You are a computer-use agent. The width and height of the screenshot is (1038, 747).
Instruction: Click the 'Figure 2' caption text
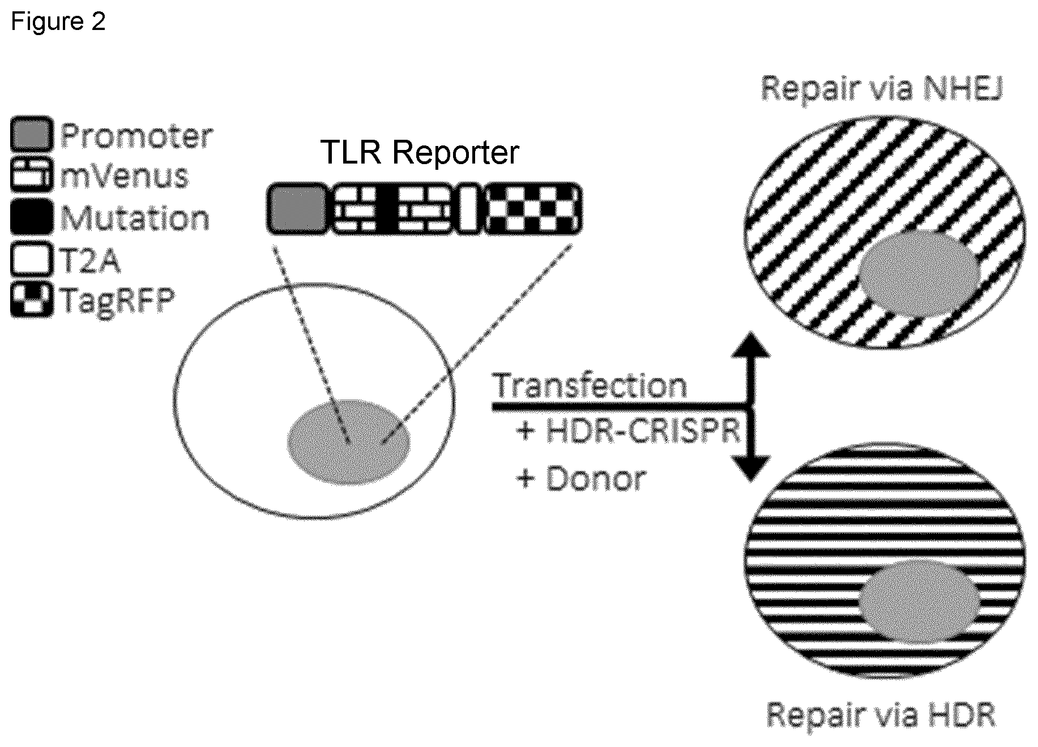coord(58,22)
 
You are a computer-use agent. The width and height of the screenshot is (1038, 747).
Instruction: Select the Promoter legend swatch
coord(32,134)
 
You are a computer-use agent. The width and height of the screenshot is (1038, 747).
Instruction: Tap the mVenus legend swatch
coord(32,175)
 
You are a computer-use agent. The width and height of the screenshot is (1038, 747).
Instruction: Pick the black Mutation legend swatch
coord(32,216)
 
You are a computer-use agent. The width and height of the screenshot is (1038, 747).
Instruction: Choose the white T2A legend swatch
coord(32,258)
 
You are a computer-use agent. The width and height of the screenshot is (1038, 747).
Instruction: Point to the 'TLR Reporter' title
coord(420,152)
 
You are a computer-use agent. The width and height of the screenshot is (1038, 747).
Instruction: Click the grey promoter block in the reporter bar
coord(297,208)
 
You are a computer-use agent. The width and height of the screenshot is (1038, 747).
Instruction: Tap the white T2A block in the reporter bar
coord(468,208)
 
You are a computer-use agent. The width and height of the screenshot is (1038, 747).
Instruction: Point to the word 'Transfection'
coord(590,386)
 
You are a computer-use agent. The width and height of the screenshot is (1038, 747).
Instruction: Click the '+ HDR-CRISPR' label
coord(629,432)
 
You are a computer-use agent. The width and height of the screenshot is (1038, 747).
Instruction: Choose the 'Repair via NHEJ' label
coord(881,89)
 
